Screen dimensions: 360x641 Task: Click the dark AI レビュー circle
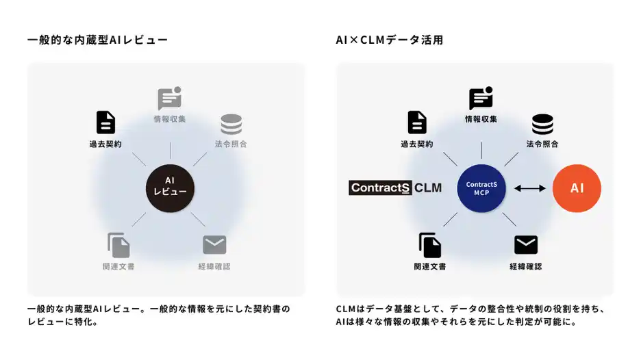click(x=170, y=187)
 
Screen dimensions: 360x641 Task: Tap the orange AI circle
click(x=577, y=188)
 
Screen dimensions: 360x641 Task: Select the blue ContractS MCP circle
click(x=481, y=188)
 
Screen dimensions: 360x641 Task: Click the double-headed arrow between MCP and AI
click(x=529, y=188)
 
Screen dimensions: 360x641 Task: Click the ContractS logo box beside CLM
click(x=380, y=188)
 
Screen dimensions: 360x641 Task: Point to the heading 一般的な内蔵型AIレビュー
click(x=97, y=40)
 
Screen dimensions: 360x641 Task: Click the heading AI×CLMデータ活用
click(x=389, y=40)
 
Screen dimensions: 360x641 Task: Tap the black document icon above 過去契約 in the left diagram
click(x=105, y=123)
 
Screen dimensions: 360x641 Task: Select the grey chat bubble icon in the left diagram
click(x=170, y=99)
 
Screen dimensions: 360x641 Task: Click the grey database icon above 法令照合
click(x=231, y=125)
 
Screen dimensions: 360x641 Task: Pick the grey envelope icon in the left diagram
click(x=214, y=245)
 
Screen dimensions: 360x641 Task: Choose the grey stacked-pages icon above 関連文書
click(x=118, y=245)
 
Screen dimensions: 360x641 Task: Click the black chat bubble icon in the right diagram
click(x=481, y=99)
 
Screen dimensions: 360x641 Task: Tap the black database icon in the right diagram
click(x=542, y=125)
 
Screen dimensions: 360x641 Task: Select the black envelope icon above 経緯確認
click(x=526, y=245)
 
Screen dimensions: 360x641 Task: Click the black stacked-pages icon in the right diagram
click(x=430, y=245)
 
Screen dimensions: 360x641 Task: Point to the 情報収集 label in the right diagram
click(x=481, y=119)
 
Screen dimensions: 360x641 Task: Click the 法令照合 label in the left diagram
click(x=231, y=144)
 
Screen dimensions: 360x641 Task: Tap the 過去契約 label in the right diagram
click(x=417, y=144)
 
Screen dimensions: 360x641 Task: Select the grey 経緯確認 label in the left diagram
click(x=214, y=266)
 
